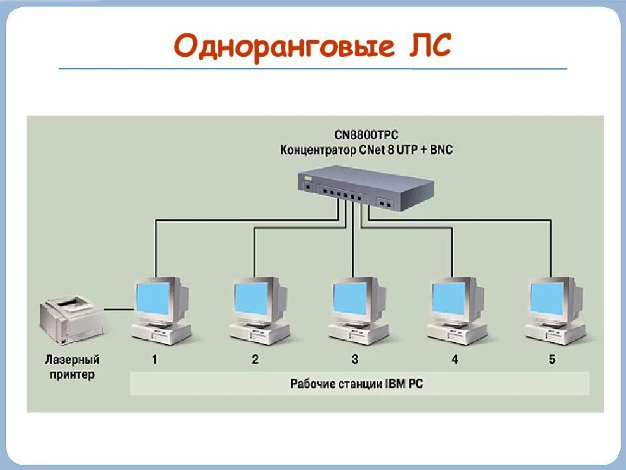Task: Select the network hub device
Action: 366,187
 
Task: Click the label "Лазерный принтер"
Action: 72,367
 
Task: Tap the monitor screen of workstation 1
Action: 153,298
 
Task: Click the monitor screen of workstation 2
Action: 252,298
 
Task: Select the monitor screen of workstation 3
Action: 351,298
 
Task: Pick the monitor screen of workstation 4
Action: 449,298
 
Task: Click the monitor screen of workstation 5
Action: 548,298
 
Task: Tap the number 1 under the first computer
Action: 155,359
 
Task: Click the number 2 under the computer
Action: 255,359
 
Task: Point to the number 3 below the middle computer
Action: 355,359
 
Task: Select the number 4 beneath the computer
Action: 455,359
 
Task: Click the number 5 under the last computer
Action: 552,359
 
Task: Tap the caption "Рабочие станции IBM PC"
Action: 356,384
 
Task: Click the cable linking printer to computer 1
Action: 117,308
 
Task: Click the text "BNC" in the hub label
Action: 440,150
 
